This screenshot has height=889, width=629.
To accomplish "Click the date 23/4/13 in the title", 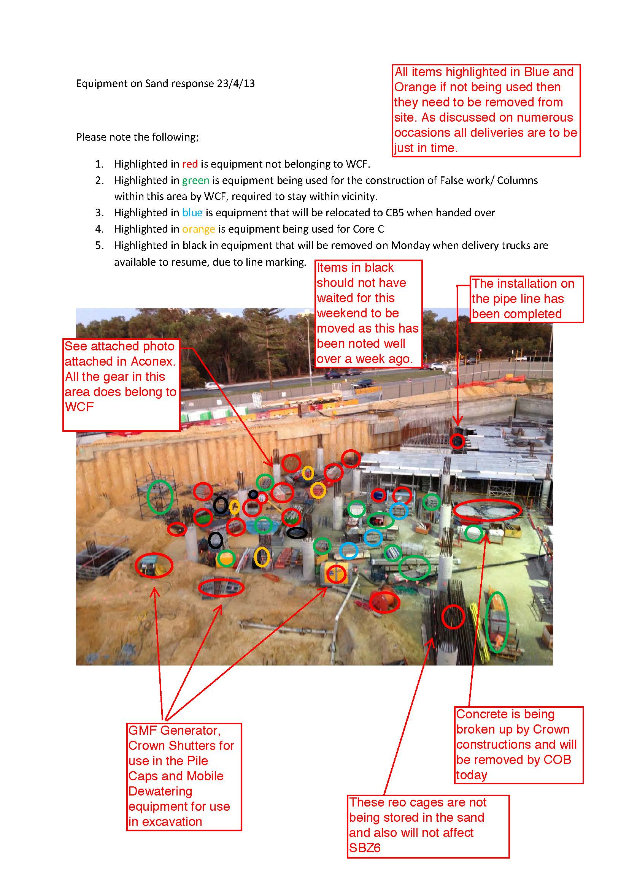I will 235,84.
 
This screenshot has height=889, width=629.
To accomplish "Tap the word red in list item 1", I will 190,164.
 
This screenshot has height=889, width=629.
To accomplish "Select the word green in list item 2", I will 195,181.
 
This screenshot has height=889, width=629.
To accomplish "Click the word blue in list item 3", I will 192,212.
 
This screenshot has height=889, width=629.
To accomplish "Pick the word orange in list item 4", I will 198,229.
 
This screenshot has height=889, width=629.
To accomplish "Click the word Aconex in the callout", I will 152,361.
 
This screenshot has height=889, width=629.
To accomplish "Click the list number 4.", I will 99,229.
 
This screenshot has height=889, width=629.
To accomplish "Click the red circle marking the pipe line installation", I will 457,441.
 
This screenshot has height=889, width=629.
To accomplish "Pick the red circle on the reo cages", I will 453,617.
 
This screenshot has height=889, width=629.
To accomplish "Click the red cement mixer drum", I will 384,602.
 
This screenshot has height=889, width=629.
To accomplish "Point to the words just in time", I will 426,148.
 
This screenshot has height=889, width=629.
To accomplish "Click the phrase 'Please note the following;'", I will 138,137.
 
